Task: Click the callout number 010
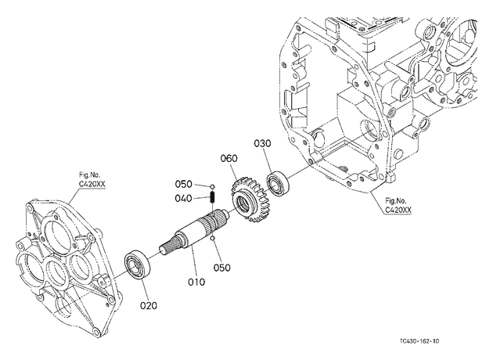pyautogui.click(x=196, y=282)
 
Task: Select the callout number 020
pyautogui.click(x=149, y=305)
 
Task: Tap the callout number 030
pyautogui.click(x=262, y=143)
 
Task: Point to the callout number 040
pyautogui.click(x=183, y=199)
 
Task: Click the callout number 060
pyautogui.click(x=229, y=158)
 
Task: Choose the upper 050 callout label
pyautogui.click(x=183, y=184)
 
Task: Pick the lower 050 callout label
pyautogui.click(x=221, y=268)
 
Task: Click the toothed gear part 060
pyautogui.click(x=251, y=200)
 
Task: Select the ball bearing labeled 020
pyautogui.click(x=138, y=265)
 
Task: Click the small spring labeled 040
pyautogui.click(x=213, y=197)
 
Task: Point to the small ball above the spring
pyautogui.click(x=213, y=187)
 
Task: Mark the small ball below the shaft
pyautogui.click(x=213, y=239)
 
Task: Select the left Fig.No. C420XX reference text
pyautogui.click(x=92, y=180)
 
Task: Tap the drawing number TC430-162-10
pyautogui.click(x=419, y=341)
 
